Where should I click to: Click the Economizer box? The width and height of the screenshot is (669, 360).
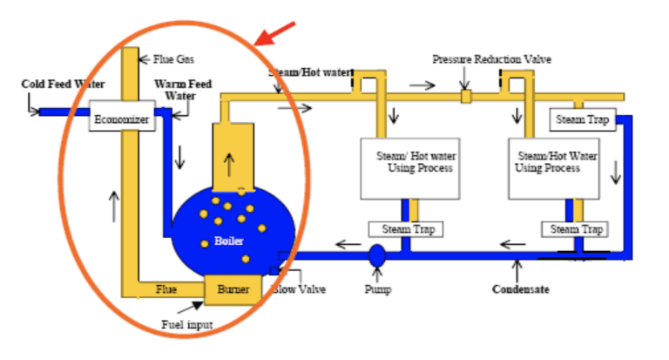[x=122, y=116]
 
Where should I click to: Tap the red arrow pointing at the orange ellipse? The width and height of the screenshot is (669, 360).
[x=268, y=34]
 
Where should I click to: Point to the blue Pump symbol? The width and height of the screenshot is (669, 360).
[x=377, y=255]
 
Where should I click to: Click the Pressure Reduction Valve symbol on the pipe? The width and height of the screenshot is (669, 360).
[x=466, y=96]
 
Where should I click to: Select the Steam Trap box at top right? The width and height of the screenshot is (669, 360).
[x=582, y=119]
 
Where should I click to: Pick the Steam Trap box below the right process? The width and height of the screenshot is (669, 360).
[x=575, y=229]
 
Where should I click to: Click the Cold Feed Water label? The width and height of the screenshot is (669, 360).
[x=63, y=85]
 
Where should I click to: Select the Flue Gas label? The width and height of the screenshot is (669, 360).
[x=174, y=59]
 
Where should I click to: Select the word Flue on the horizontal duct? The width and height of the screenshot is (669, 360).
[x=166, y=288]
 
